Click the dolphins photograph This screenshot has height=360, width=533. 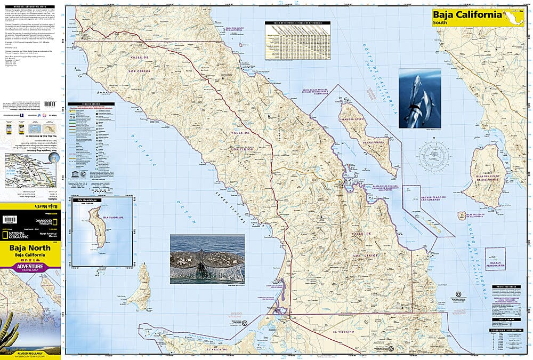(419, 99)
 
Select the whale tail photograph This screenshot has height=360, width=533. (207, 259)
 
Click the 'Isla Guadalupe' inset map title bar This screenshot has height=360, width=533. (102, 198)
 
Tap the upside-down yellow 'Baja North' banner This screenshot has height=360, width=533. (30, 205)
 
